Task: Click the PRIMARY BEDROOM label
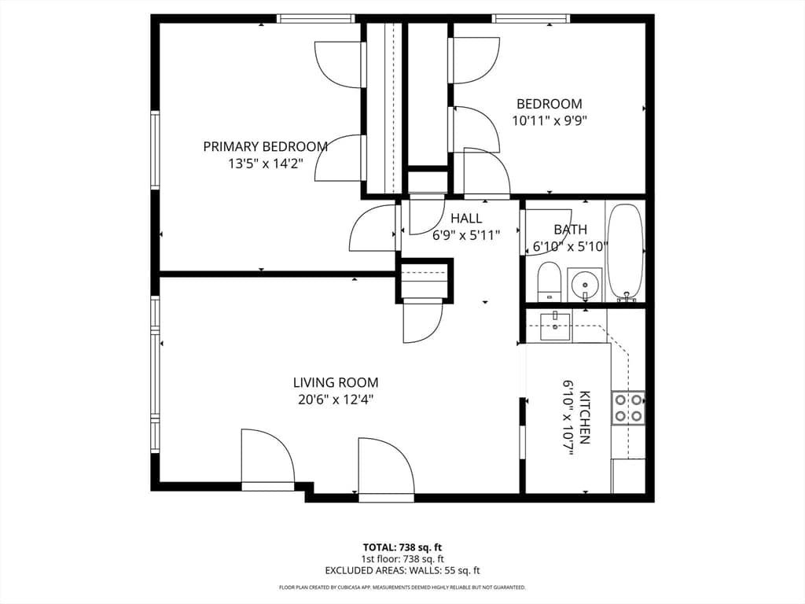(266, 147)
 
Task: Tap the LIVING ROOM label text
(336, 383)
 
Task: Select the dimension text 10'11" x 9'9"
(550, 120)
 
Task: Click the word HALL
(466, 219)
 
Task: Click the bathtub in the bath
(624, 252)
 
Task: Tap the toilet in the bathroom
(549, 282)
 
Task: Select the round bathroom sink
(584, 284)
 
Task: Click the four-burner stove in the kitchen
(628, 408)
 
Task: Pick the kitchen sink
(555, 326)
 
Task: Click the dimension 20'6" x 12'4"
(336, 400)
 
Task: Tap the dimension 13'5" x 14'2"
(266, 164)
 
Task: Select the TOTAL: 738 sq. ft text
(402, 547)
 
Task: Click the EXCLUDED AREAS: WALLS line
(402, 570)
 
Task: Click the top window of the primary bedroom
(316, 19)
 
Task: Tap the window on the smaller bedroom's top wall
(531, 19)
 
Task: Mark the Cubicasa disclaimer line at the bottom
(402, 587)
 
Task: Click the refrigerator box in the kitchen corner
(628, 476)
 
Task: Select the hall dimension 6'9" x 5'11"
(466, 235)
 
